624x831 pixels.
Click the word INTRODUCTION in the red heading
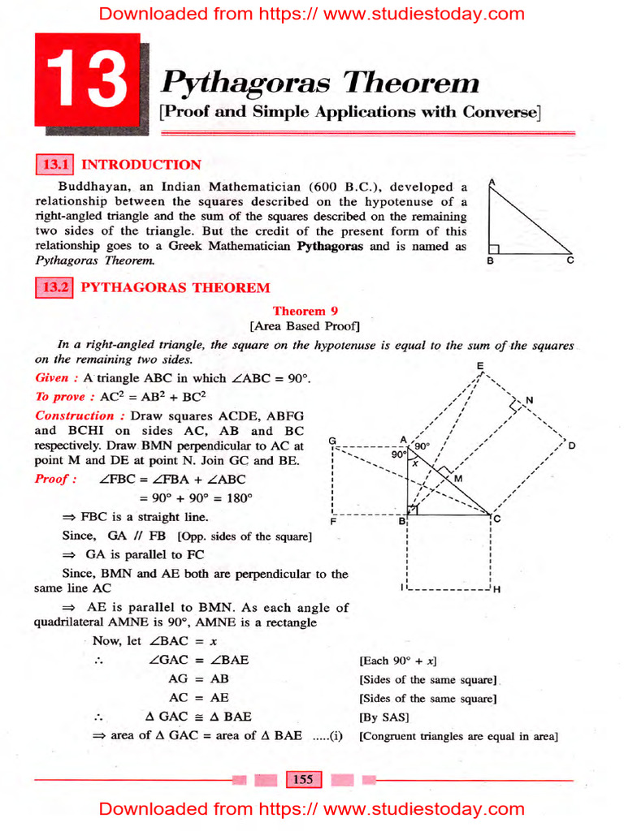[x=141, y=165]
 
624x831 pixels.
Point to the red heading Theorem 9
[x=305, y=311]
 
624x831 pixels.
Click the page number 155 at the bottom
[x=302, y=780]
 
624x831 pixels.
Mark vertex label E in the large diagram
[x=480, y=367]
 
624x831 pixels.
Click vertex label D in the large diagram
[x=572, y=446]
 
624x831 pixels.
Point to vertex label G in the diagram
[x=332, y=441]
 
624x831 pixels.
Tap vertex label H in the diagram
[x=496, y=590]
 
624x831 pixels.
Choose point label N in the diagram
[x=529, y=400]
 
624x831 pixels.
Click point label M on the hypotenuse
[x=457, y=479]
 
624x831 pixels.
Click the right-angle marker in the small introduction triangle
[x=492, y=248]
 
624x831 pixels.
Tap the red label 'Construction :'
[x=74, y=415]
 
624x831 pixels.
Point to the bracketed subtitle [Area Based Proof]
[x=305, y=326]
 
